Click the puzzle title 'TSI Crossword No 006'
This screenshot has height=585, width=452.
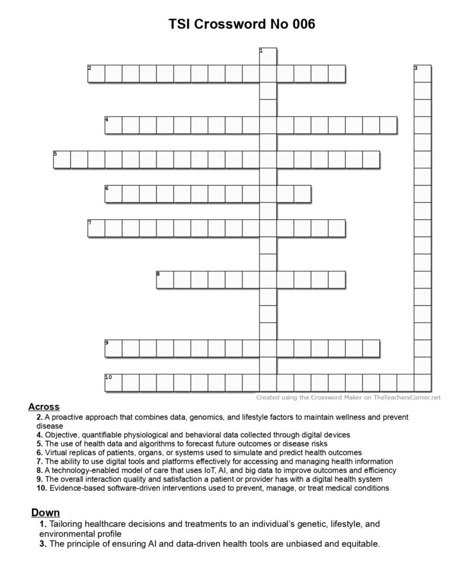[x=242, y=24]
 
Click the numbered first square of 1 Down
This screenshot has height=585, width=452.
[x=268, y=57]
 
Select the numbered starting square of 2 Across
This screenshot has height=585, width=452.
[x=96, y=74]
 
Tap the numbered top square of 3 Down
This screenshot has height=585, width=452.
[x=422, y=74]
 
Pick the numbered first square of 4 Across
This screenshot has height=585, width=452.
[x=113, y=125]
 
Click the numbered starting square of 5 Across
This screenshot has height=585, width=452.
[x=62, y=159]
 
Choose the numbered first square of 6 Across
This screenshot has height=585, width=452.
[x=113, y=194]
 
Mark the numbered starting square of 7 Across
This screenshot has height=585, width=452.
[x=96, y=228]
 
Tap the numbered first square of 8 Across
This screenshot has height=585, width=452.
[x=165, y=279]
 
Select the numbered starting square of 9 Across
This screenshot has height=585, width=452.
[x=113, y=348]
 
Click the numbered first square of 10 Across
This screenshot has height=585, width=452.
[x=113, y=382]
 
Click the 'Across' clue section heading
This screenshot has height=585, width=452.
[x=43, y=407]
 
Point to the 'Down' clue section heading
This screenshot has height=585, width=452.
[x=45, y=512]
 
